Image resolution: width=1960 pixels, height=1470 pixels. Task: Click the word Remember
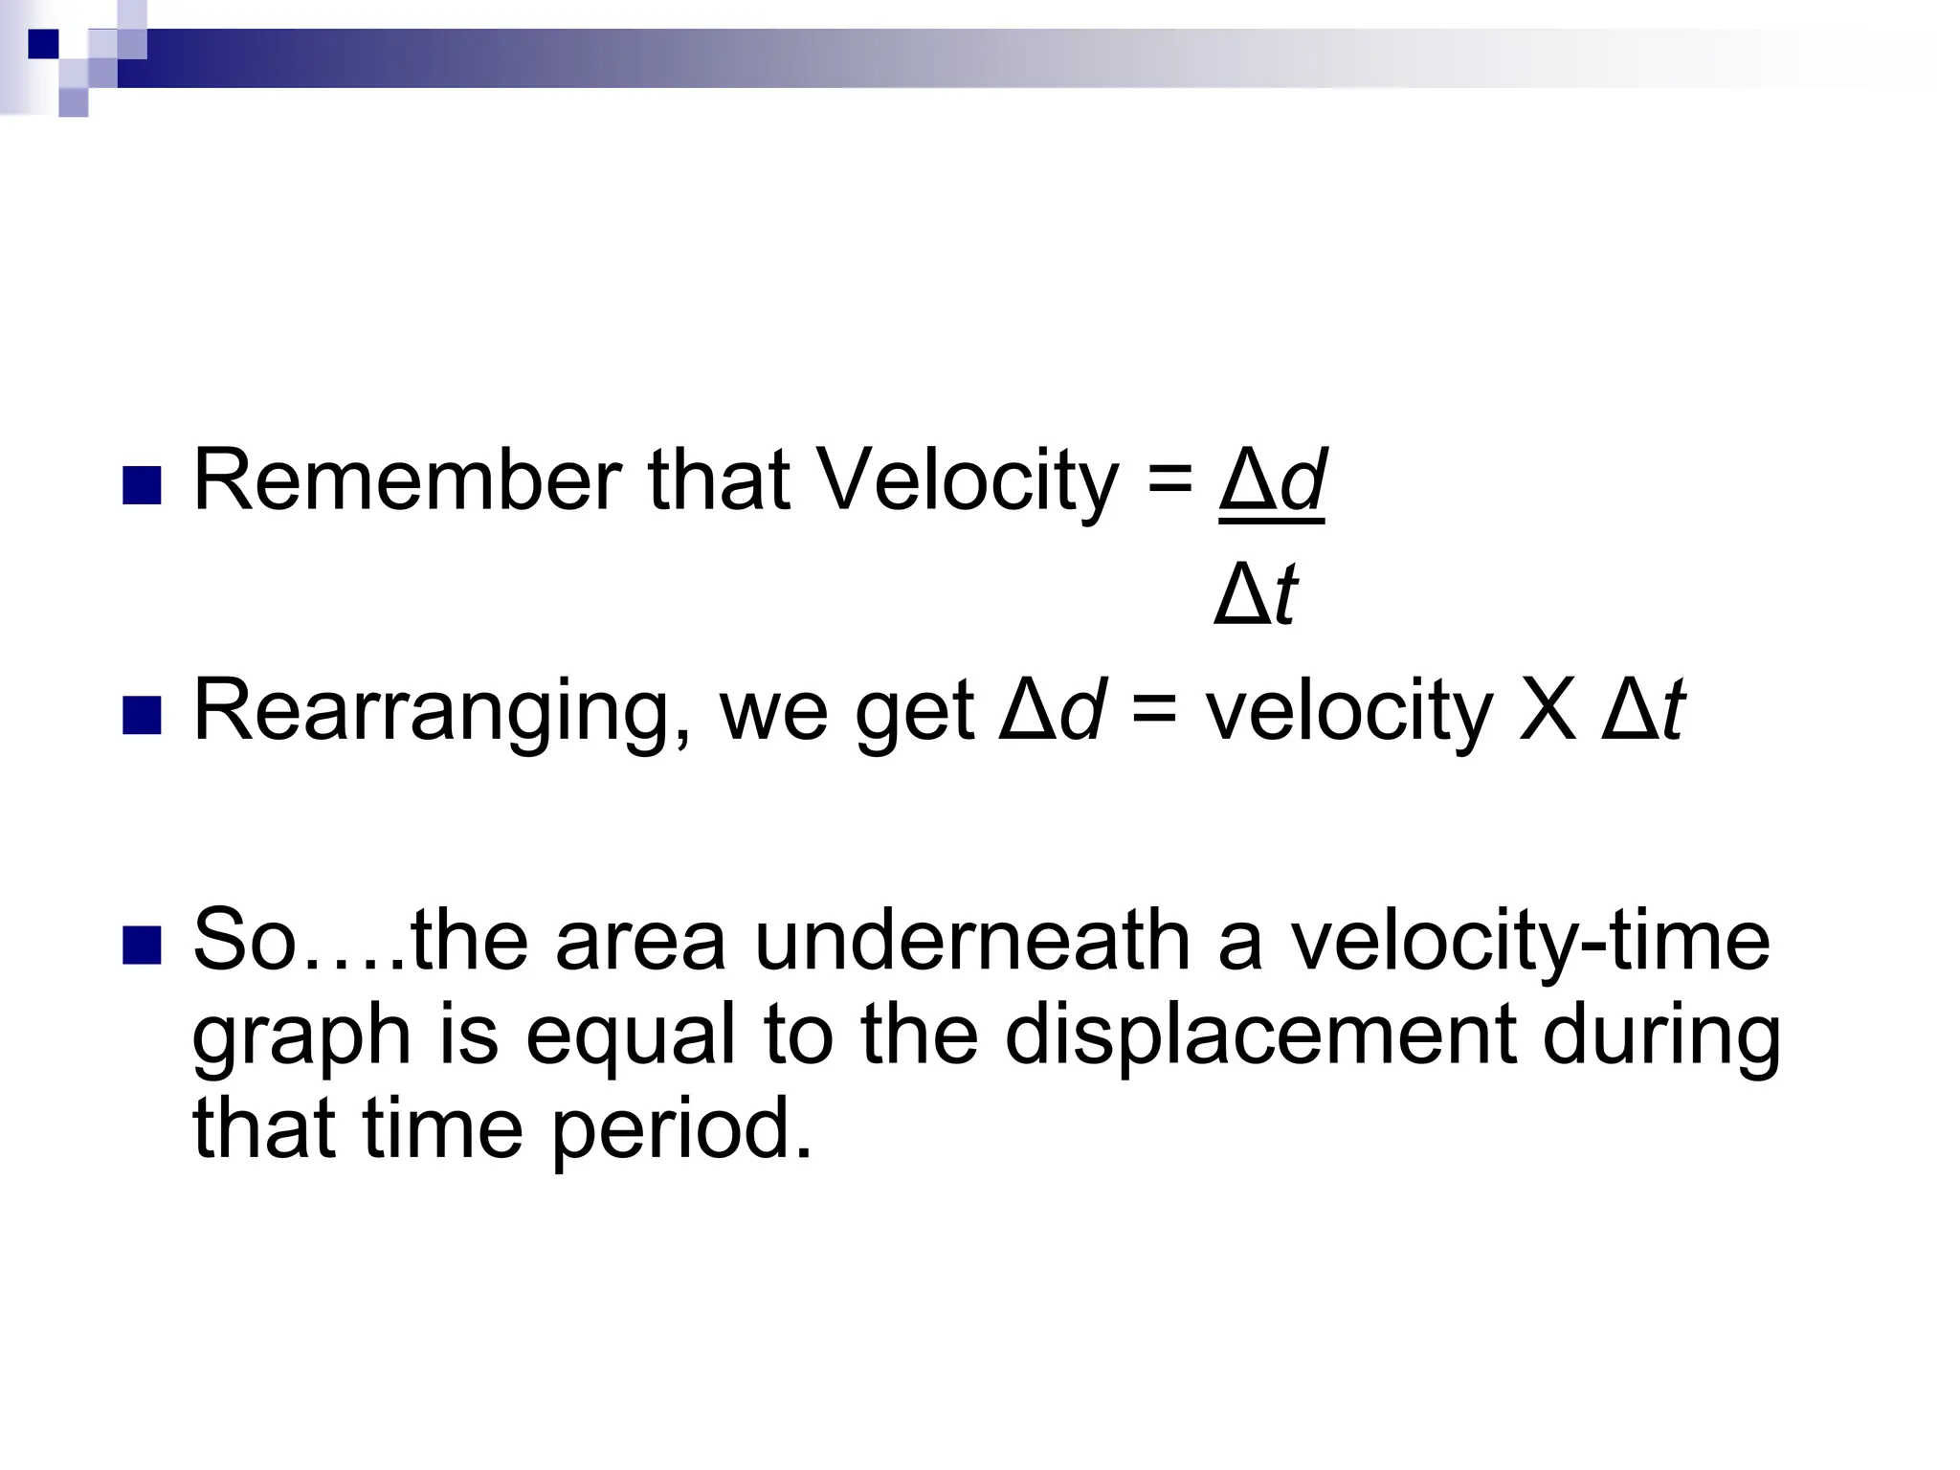coord(408,480)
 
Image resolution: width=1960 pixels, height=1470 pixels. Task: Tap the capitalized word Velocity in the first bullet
coord(968,480)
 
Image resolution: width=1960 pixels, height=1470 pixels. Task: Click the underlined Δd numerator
coord(1272,480)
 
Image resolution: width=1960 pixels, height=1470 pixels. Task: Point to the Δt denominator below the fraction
coord(1256,595)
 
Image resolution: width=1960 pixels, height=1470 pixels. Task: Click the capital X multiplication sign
coord(1548,711)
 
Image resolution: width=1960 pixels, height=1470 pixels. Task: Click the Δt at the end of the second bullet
coord(1643,711)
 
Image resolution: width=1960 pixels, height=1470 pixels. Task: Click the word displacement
coord(1261,1036)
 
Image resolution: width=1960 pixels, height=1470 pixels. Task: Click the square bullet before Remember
coord(142,486)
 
